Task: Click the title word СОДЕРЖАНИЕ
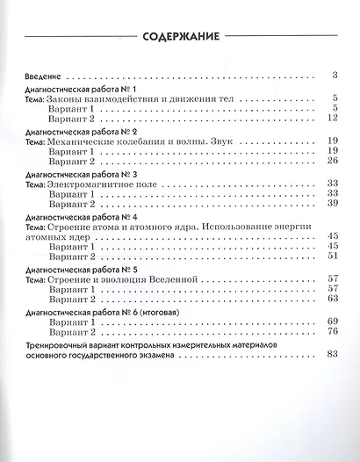pos(179,37)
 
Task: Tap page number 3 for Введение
pos(335,76)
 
